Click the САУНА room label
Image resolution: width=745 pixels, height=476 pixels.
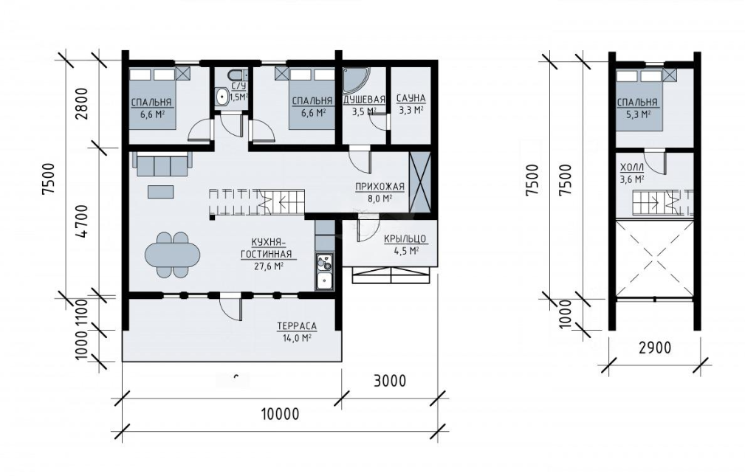[x=411, y=98]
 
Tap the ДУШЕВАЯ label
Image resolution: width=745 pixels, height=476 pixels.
[x=364, y=100]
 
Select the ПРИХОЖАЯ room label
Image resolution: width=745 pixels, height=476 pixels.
[x=380, y=187]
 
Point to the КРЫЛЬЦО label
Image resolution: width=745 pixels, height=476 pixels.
[x=405, y=239]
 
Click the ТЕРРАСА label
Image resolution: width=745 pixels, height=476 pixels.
[x=297, y=326]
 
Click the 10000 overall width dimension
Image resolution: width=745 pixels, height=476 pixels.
[x=281, y=414]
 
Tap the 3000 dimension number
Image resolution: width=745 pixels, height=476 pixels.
[x=389, y=381]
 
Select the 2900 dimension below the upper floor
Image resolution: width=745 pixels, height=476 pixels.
[x=654, y=348]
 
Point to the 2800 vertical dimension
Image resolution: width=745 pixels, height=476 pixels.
[x=83, y=104]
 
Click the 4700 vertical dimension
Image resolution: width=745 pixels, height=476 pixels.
[x=83, y=221]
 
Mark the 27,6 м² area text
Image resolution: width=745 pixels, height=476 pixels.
[x=269, y=266]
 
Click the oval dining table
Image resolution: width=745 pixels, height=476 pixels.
[x=172, y=254]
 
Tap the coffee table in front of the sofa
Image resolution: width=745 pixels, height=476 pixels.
[x=161, y=191]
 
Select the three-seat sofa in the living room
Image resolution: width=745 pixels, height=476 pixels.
[x=161, y=165]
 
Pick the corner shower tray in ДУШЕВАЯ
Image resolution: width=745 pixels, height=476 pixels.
[x=354, y=80]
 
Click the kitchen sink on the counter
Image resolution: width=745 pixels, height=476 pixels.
[x=325, y=281]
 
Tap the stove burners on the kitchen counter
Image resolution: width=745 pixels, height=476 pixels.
[x=325, y=262]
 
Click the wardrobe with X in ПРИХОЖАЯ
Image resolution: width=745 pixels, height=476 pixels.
[x=419, y=182]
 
